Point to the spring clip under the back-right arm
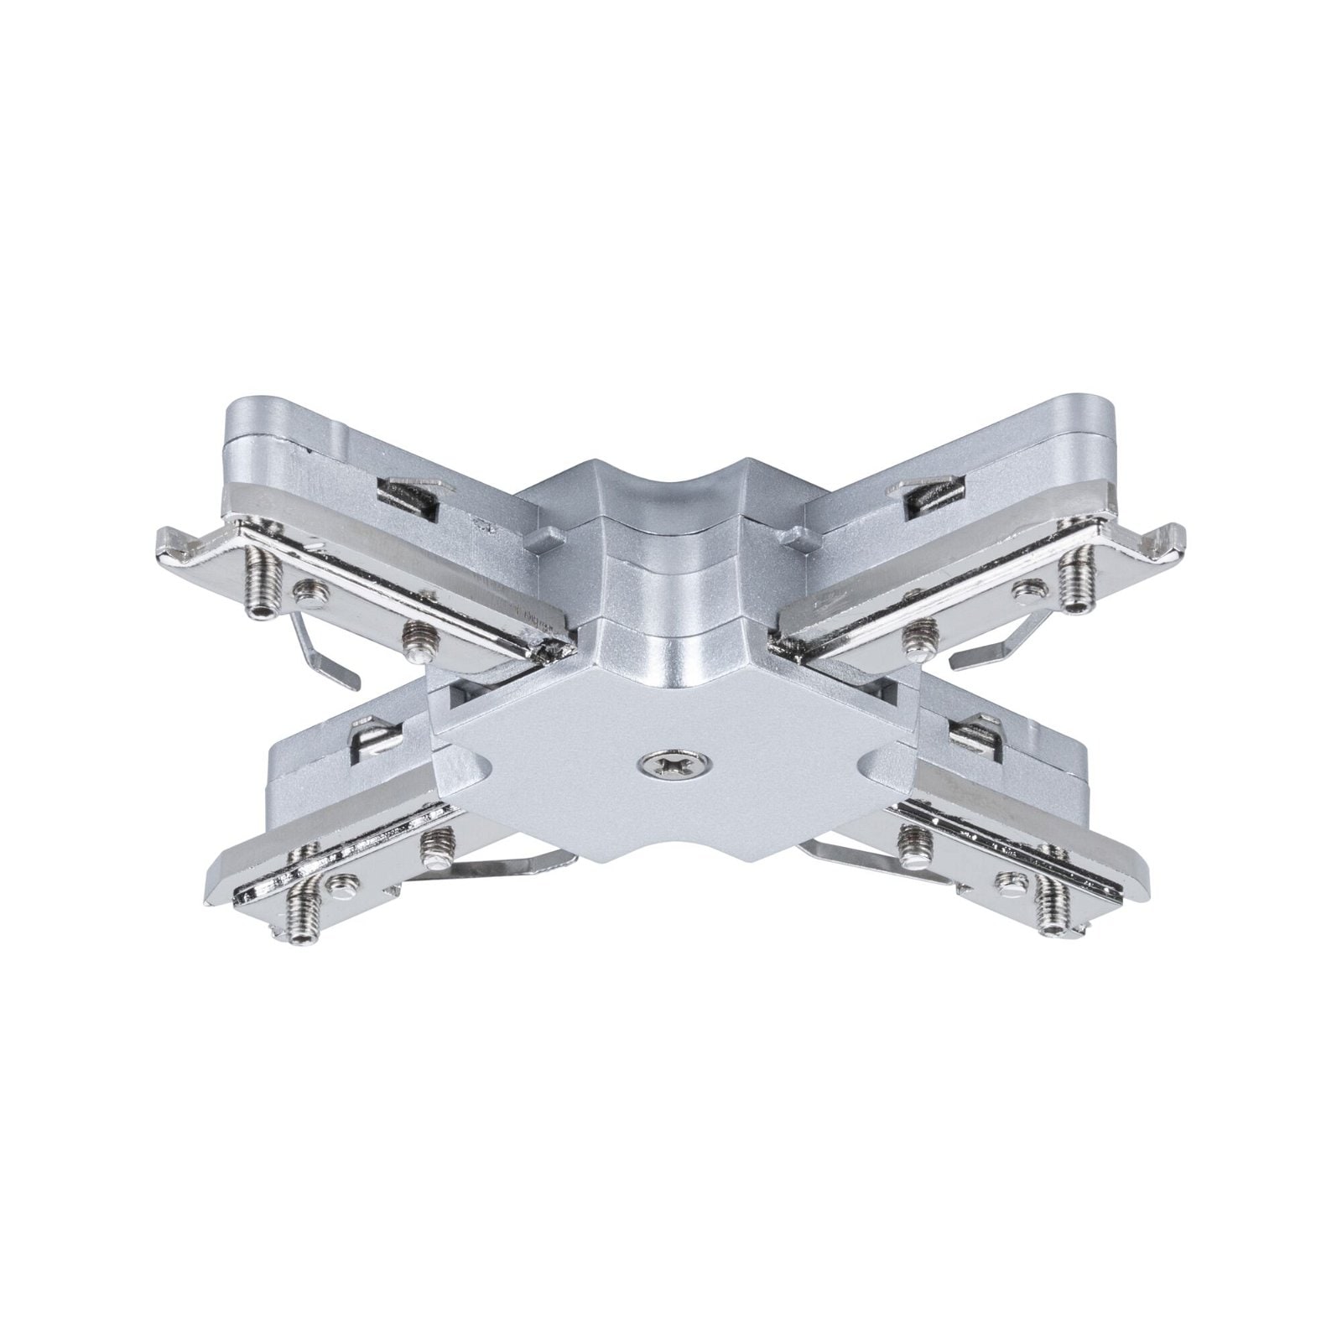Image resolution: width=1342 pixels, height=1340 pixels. click(998, 646)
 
